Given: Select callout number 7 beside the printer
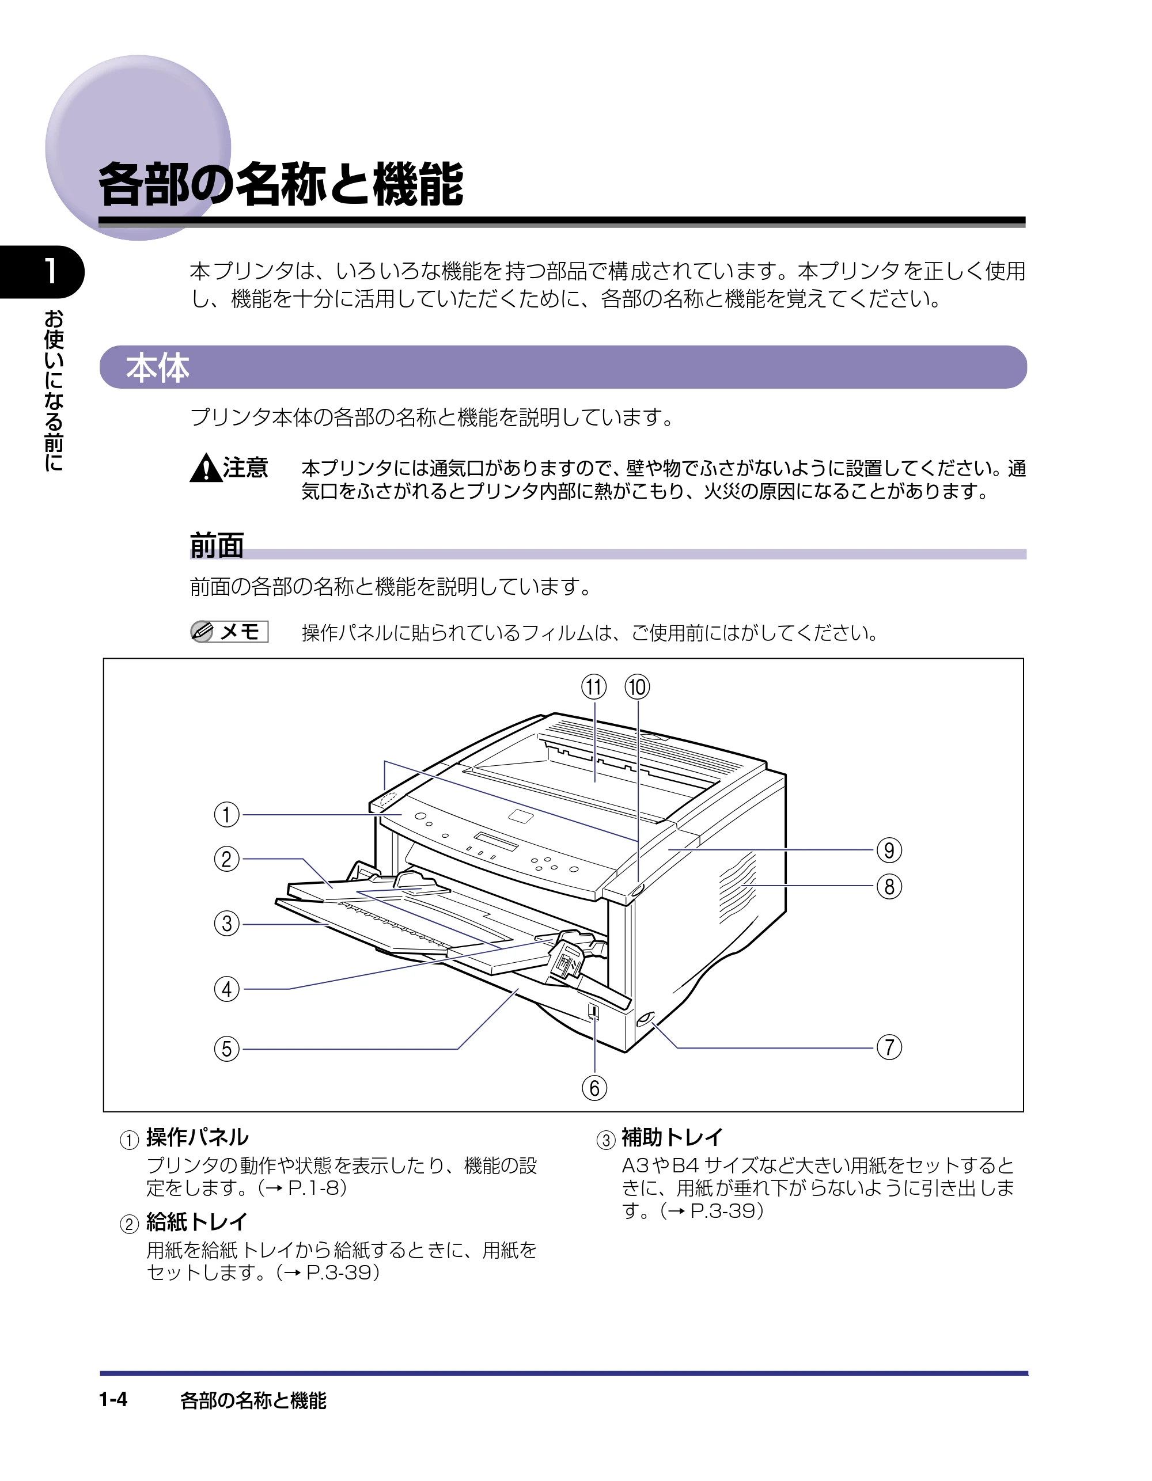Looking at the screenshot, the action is (889, 1047).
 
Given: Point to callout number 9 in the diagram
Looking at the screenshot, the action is (889, 850).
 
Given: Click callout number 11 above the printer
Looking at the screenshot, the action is (594, 688).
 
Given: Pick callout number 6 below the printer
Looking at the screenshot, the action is (594, 1088).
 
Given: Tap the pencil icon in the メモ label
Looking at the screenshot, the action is (202, 631).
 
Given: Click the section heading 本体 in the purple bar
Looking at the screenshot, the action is (157, 367).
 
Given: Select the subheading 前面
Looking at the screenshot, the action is (217, 546).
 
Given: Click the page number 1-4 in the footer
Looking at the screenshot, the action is (113, 1400).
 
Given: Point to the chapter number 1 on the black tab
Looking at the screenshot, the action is (50, 271).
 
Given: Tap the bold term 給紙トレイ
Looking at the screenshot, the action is (197, 1222).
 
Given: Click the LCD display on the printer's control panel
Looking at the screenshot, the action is (496, 841).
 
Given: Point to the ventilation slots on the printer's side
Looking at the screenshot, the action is (737, 888).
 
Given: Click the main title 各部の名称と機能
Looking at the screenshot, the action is (281, 184).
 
